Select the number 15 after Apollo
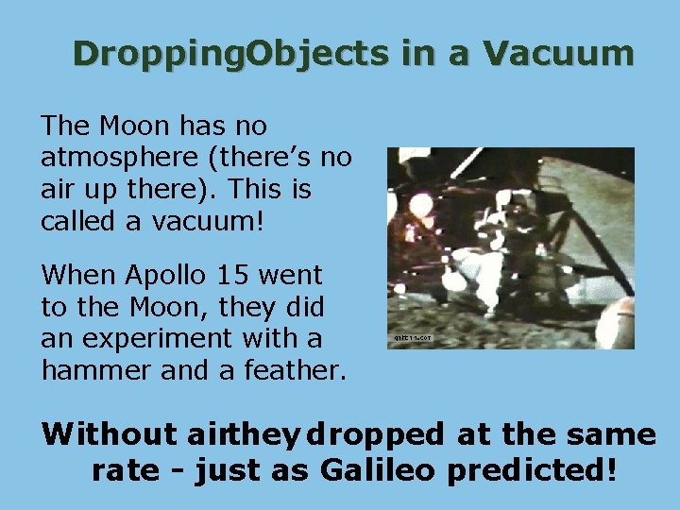[240, 276]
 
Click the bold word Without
[110, 434]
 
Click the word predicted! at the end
[534, 470]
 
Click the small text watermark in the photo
[411, 336]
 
